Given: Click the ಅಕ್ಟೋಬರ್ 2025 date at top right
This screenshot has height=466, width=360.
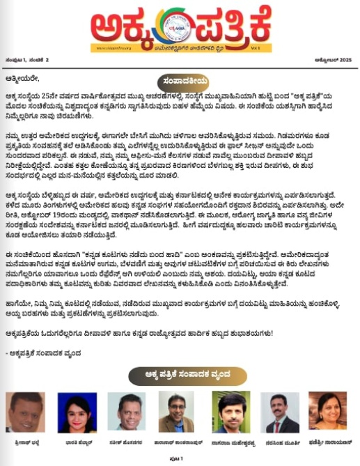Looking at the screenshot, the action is coord(333,60).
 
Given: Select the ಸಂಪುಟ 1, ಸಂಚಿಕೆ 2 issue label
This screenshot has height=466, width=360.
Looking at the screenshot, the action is coord(27,60).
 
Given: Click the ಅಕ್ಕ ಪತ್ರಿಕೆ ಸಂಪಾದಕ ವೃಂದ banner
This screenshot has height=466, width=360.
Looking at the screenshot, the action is coord(180,377).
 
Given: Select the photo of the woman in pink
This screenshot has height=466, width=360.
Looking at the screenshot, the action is coord(77,413).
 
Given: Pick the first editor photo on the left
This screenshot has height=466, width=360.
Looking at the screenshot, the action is coord(25,413).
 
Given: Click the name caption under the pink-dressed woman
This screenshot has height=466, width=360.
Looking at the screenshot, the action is coord(77,442).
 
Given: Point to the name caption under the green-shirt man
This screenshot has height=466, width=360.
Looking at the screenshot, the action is coord(233,442).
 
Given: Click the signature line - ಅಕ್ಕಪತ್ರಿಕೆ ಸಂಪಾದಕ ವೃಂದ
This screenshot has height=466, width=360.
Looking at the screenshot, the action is coord(47,354).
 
